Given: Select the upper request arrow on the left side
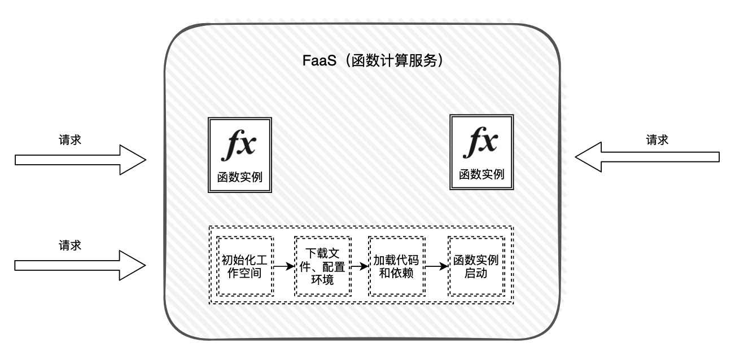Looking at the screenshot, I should [80, 160].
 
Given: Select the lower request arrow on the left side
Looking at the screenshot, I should [80, 265].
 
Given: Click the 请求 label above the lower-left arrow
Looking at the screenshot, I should [70, 245].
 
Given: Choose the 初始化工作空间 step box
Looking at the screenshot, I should [245, 266].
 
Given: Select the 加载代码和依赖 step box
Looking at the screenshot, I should [396, 266].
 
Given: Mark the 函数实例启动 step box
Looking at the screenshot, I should [476, 266].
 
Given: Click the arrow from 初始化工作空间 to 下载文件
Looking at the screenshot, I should [284, 265].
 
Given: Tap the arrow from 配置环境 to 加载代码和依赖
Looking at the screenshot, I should [359, 265].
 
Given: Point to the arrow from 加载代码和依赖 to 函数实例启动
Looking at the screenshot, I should [436, 266].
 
